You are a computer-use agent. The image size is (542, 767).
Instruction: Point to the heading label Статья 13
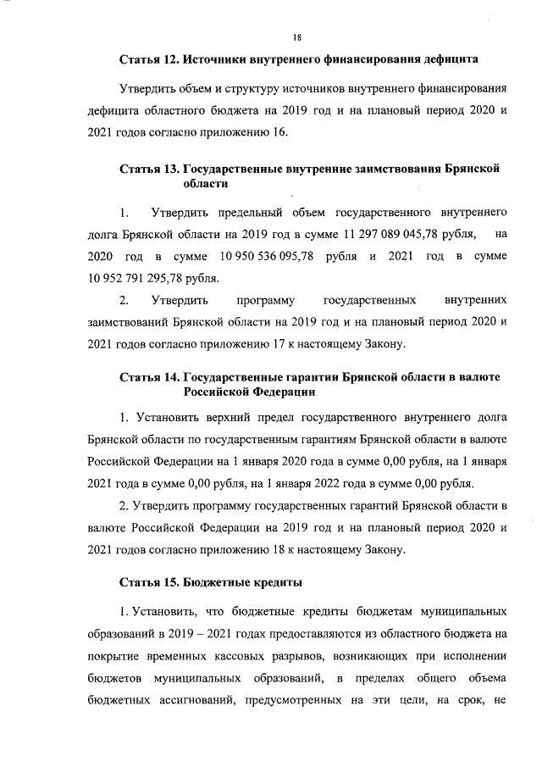pos(151,169)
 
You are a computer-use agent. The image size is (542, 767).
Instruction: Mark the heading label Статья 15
pos(151,582)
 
